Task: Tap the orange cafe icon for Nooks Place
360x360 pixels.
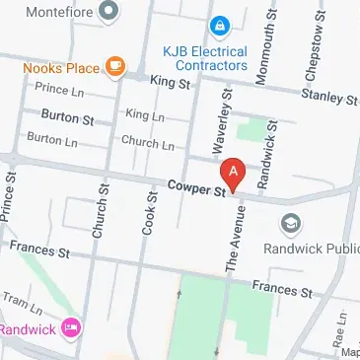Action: [x=115, y=66]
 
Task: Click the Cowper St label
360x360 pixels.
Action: [x=196, y=186]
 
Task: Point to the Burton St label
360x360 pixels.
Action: [x=67, y=119]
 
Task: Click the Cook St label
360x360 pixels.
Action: [x=152, y=212]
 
